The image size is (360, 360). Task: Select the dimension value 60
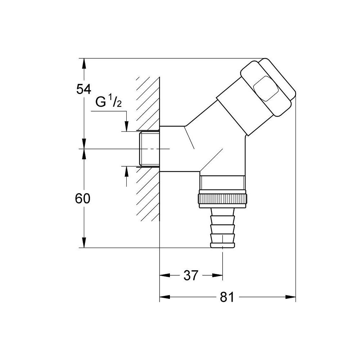83,199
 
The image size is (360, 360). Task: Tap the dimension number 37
191,276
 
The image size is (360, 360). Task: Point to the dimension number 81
227,297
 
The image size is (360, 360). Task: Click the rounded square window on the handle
265,88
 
